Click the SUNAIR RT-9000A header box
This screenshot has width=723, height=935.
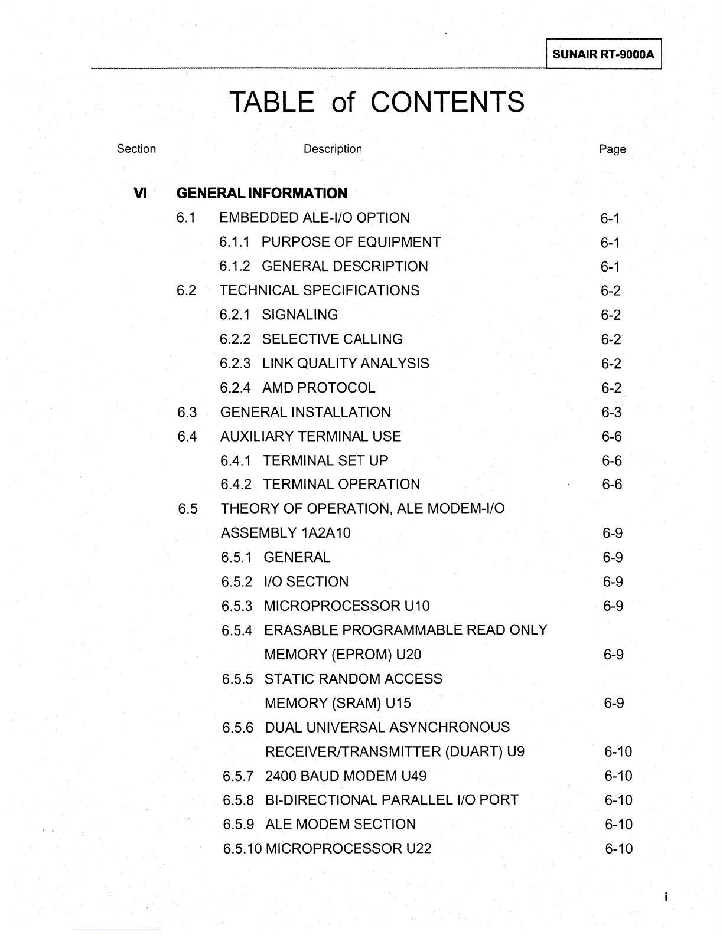[x=603, y=55]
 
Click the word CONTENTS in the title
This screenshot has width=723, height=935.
[x=447, y=102]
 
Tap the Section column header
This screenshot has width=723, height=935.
[x=136, y=149]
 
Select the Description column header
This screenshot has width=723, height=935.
[x=333, y=149]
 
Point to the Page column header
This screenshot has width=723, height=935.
[x=612, y=149]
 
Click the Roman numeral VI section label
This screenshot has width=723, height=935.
[x=140, y=193]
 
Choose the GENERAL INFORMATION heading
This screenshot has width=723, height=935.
[x=262, y=194]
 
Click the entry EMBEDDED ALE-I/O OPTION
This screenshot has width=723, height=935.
[x=314, y=218]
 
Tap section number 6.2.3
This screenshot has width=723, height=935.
[x=235, y=364]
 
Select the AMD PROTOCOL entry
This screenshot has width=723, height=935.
[x=318, y=388]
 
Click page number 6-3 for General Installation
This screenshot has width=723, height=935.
[x=611, y=413]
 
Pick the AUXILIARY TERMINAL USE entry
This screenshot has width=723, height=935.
[x=310, y=436]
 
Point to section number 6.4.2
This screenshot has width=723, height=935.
[x=236, y=485]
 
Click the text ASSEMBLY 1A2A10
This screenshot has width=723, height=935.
[x=285, y=533]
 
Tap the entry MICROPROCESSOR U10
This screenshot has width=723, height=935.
[x=347, y=606]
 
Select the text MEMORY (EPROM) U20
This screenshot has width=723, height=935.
[x=343, y=655]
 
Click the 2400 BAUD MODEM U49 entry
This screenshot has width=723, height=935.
[x=346, y=776]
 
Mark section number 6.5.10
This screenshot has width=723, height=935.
[x=242, y=849]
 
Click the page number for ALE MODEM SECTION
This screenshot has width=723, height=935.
[x=618, y=825]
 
